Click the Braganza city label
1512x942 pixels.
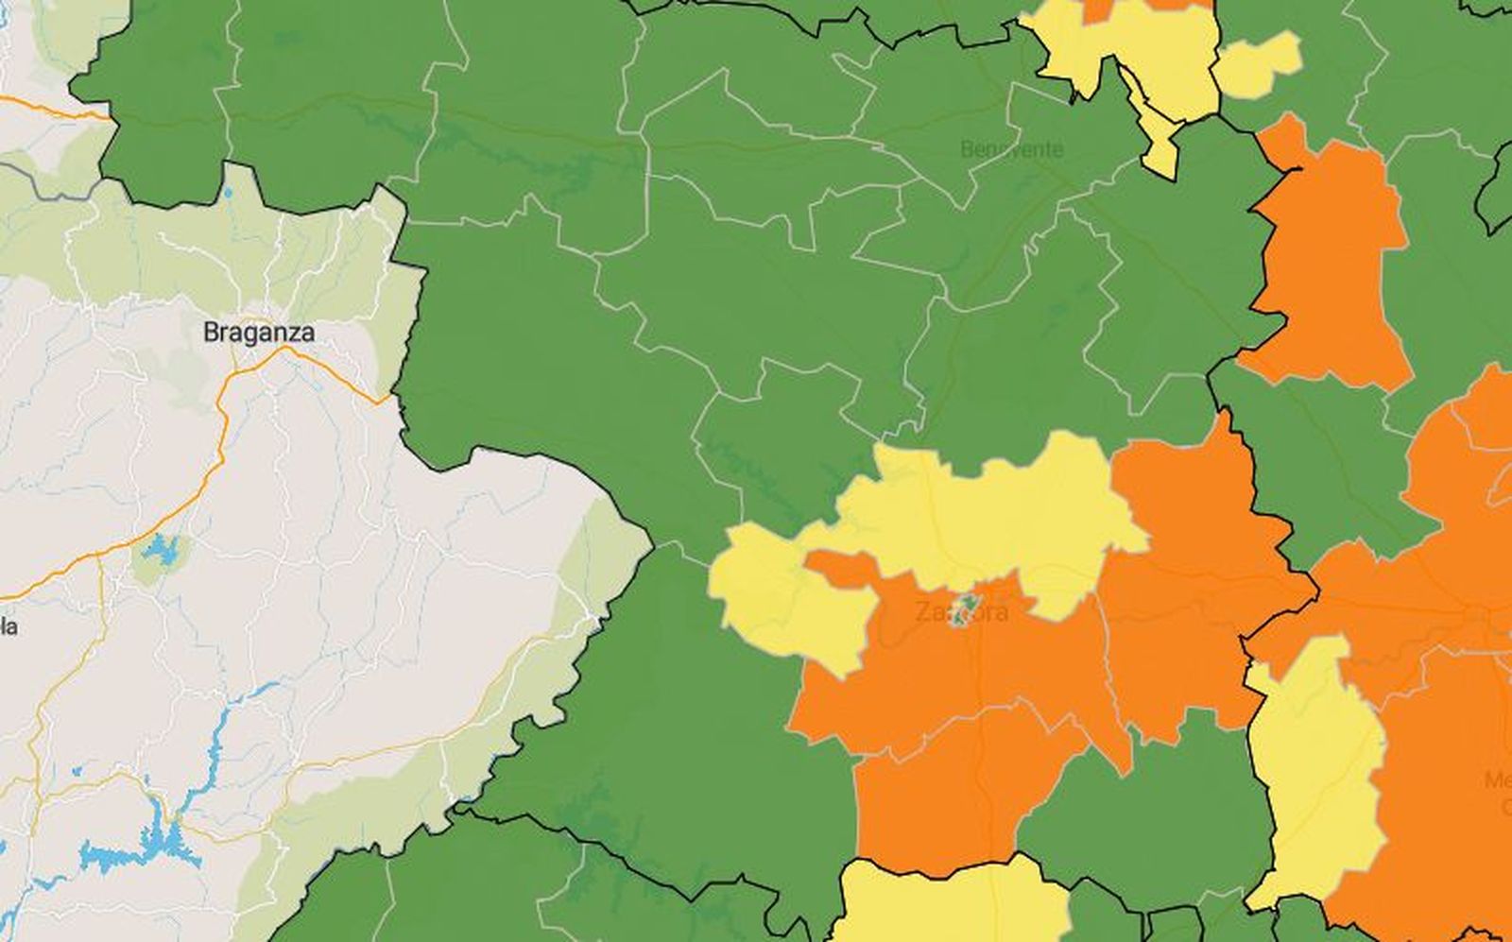coord(259,333)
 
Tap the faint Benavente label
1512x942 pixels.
coord(1011,149)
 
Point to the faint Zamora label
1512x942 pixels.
coord(961,611)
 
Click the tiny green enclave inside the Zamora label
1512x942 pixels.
coord(964,608)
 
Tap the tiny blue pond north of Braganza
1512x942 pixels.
coord(228,194)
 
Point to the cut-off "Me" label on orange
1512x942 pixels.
coord(1499,780)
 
